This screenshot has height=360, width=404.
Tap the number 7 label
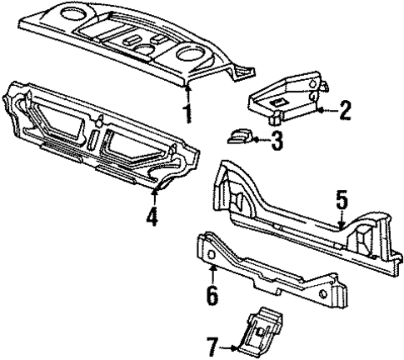tap(213, 343)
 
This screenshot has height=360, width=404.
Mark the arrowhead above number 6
tap(212, 269)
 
